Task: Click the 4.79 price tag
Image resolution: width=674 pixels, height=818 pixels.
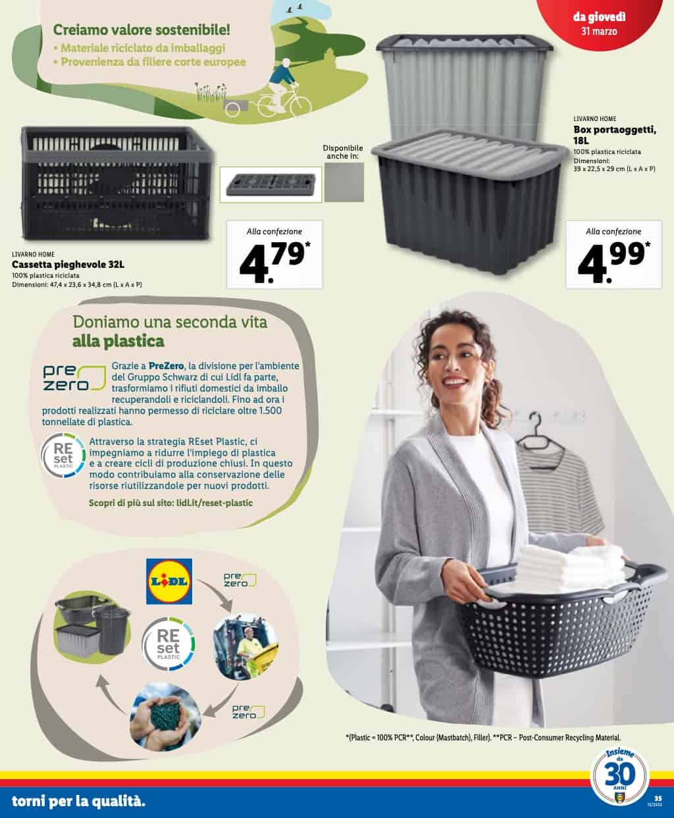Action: point(274,255)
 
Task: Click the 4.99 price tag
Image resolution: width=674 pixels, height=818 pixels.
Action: point(613,255)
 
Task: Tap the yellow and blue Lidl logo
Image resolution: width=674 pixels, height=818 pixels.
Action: point(169,581)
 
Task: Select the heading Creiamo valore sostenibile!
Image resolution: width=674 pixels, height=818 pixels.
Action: point(142,30)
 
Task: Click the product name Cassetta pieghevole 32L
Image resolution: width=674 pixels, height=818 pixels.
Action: point(68,265)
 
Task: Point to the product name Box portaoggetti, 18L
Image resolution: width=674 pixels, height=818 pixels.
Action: point(615,135)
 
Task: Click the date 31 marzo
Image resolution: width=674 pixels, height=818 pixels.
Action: point(599,32)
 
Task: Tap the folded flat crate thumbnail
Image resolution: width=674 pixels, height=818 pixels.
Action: point(271,184)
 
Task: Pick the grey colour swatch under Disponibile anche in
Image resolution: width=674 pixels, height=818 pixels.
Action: point(344,182)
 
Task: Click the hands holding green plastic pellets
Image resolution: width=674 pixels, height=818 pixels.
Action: point(165,716)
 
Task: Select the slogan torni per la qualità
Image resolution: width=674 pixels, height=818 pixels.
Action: point(78,801)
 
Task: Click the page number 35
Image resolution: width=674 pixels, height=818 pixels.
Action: point(658,798)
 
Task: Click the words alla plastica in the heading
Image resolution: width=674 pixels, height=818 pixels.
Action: point(118,342)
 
